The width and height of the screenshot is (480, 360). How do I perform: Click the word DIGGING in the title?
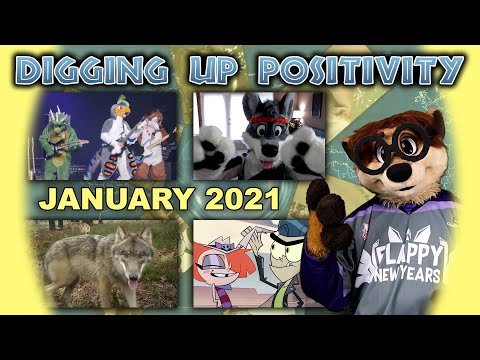pyautogui.click(x=91, y=70)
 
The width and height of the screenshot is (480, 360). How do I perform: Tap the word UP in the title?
pyautogui.click(x=216, y=70)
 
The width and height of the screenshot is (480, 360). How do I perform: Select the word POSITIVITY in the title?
pyautogui.click(x=358, y=70)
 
